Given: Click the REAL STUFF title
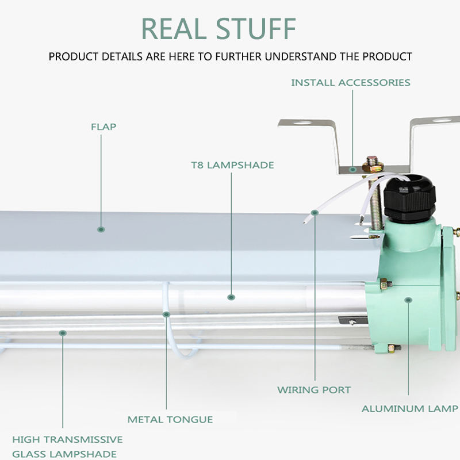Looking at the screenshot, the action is [218, 28].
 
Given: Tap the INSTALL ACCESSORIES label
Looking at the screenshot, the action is [351, 82].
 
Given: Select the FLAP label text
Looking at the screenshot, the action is [103, 126].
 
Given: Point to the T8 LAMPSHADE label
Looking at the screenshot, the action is [232, 165].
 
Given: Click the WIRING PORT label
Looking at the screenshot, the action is [314, 390].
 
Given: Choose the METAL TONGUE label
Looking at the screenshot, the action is [170, 419].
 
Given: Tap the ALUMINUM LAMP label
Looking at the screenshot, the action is [410, 408].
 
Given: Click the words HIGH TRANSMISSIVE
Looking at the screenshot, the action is [67, 439].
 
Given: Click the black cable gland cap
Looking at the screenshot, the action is [409, 198].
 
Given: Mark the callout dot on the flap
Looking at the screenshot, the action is [101, 229].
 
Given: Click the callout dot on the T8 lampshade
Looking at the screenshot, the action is [231, 297].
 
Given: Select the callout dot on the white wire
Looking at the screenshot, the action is [315, 212].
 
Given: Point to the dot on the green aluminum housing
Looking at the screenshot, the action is [408, 300].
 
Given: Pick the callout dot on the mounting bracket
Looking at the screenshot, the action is [352, 169].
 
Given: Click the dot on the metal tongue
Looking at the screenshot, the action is [166, 314].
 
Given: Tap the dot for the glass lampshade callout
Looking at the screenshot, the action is [63, 333].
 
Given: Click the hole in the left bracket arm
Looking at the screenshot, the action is [303, 122].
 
